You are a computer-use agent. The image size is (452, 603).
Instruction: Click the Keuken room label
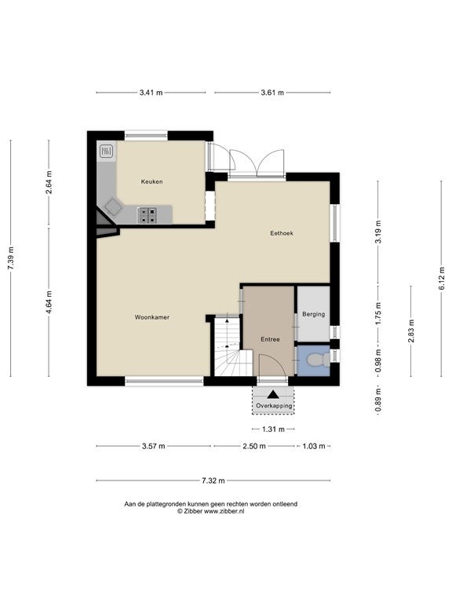tap(151, 181)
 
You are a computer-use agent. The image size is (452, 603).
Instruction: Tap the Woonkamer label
tap(151, 317)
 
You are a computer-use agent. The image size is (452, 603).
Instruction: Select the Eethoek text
tap(282, 233)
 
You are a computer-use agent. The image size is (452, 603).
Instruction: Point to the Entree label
tap(270, 339)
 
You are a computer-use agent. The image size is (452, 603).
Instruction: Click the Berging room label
tap(313, 314)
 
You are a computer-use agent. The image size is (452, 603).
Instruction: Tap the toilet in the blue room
tap(319, 360)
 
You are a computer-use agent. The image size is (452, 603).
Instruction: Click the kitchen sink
tap(107, 151)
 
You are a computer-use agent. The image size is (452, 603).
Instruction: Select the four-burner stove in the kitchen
tap(148, 215)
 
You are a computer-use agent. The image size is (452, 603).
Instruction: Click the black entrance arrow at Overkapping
tap(273, 394)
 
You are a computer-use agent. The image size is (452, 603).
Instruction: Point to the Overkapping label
tap(274, 406)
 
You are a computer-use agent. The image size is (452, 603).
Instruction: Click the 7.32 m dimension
tap(213, 481)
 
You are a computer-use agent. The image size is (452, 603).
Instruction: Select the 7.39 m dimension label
tap(11, 258)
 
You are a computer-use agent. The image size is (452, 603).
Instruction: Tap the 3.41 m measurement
tap(151, 93)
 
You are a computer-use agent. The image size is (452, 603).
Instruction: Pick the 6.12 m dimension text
tap(441, 278)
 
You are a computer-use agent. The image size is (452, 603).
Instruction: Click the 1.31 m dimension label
tap(273, 429)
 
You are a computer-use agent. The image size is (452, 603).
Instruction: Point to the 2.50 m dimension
tap(254, 446)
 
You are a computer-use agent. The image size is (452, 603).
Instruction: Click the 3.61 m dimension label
tap(272, 93)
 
